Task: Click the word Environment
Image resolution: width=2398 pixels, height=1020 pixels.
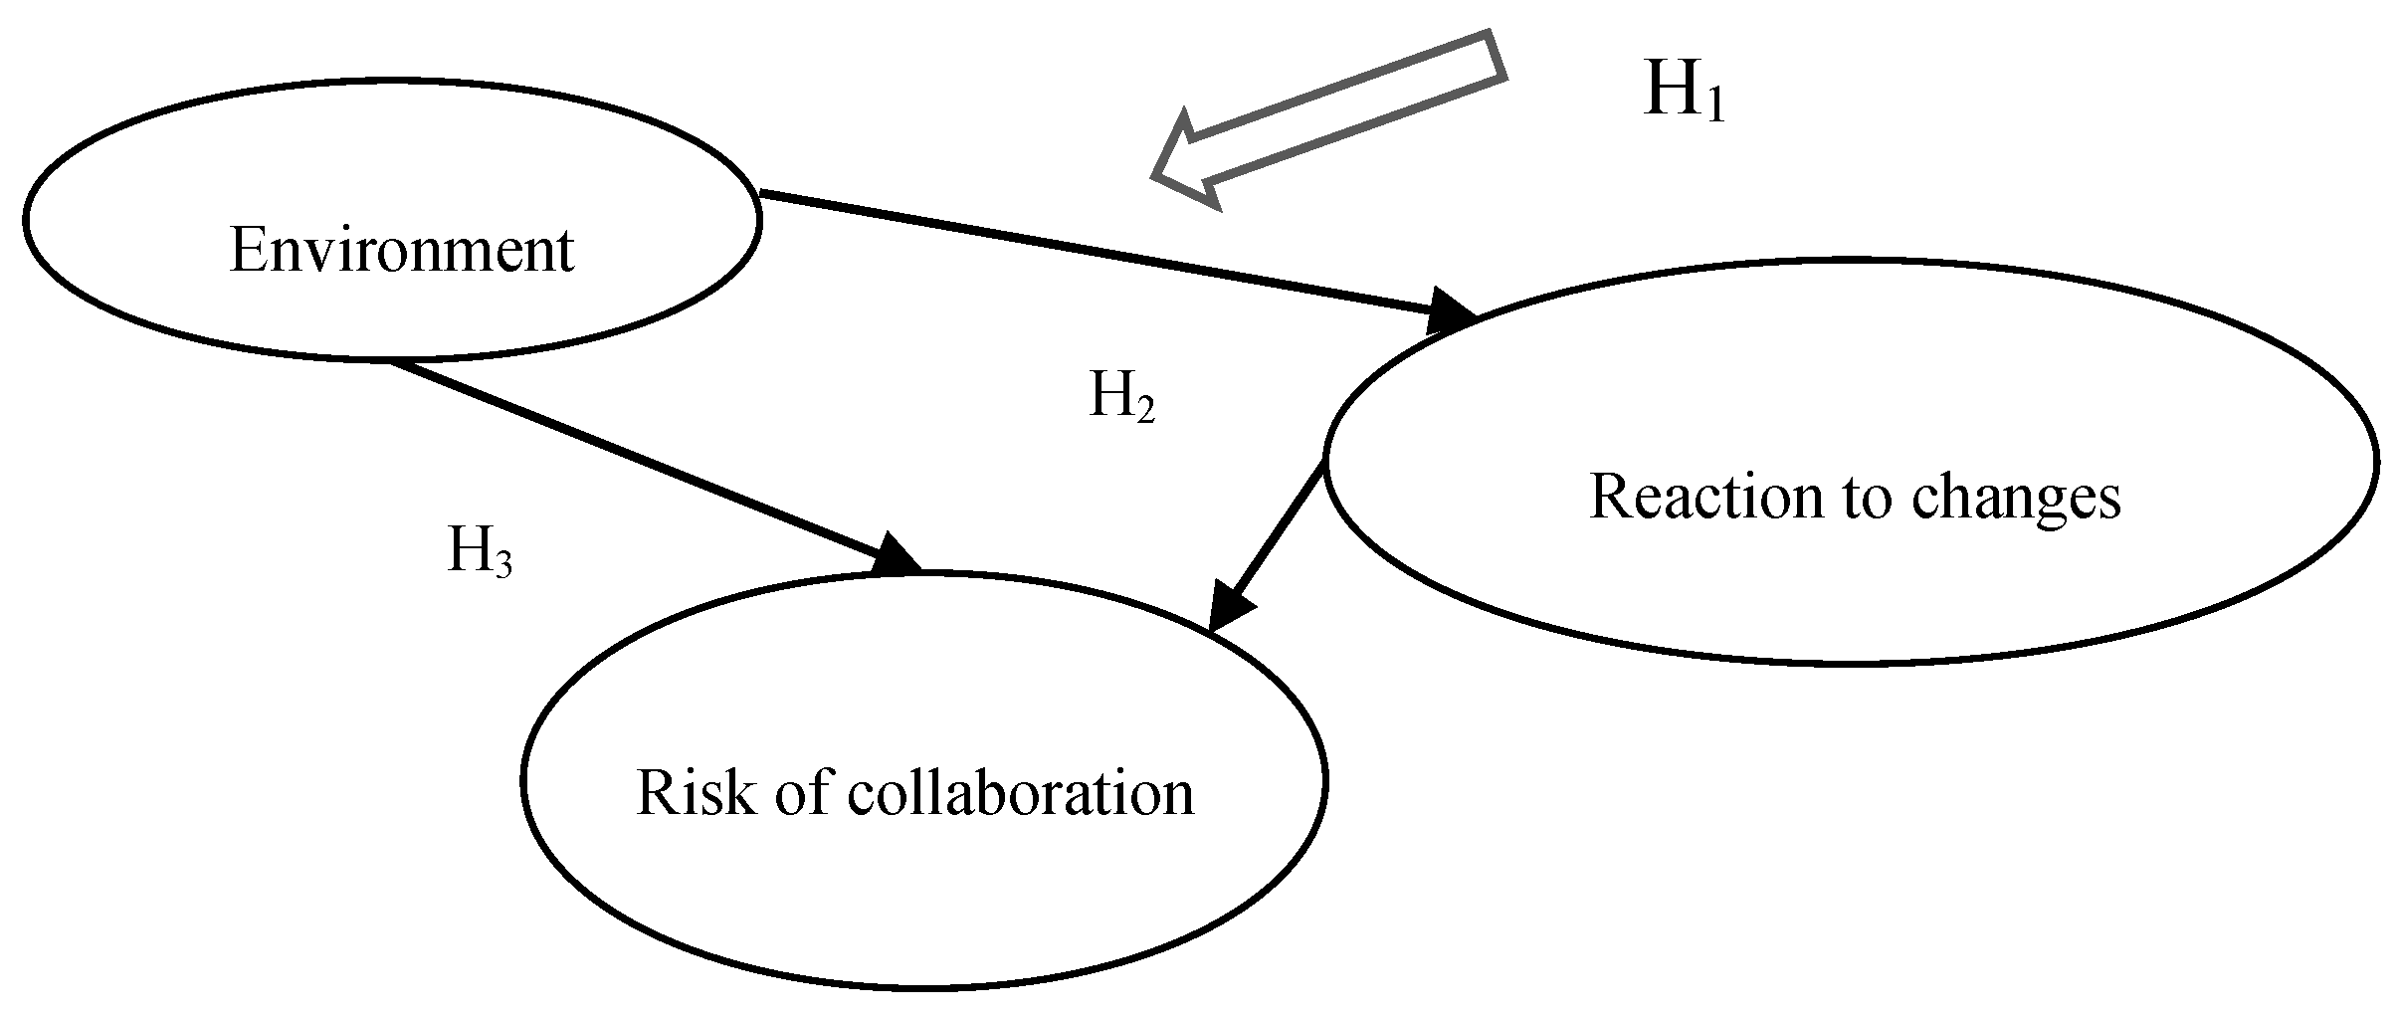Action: pos(401,250)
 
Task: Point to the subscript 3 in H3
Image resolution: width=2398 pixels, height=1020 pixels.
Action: pos(503,564)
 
